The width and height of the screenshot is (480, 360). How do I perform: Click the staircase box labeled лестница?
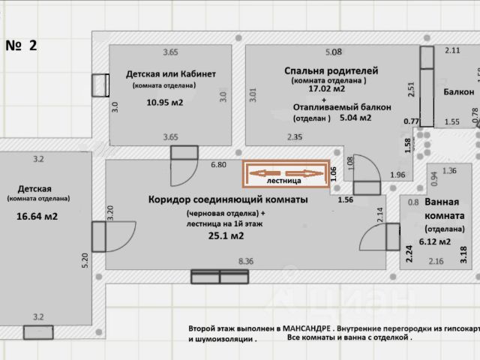pyautogui.click(x=285, y=175)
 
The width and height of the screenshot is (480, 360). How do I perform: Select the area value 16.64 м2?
pyautogui.click(x=37, y=217)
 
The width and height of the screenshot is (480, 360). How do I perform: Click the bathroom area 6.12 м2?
pyautogui.click(x=435, y=241)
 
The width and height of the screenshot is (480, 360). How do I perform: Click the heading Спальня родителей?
pyautogui.click(x=331, y=70)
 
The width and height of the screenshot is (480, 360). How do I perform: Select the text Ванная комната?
pyautogui.click(x=447, y=209)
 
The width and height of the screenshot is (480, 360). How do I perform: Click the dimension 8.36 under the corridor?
pyautogui.click(x=246, y=261)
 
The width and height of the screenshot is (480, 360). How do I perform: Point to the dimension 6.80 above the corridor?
pyautogui.click(x=218, y=164)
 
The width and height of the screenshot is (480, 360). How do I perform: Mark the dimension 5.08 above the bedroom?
pyautogui.click(x=333, y=52)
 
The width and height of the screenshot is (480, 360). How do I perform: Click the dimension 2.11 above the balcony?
pyautogui.click(x=452, y=50)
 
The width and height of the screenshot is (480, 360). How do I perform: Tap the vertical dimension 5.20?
pyautogui.click(x=85, y=259)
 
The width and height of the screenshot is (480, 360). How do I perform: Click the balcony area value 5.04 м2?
pyautogui.click(x=355, y=117)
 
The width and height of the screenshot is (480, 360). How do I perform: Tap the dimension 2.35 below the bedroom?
pyautogui.click(x=294, y=137)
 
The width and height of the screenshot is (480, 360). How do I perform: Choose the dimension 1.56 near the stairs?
pyautogui.click(x=346, y=199)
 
